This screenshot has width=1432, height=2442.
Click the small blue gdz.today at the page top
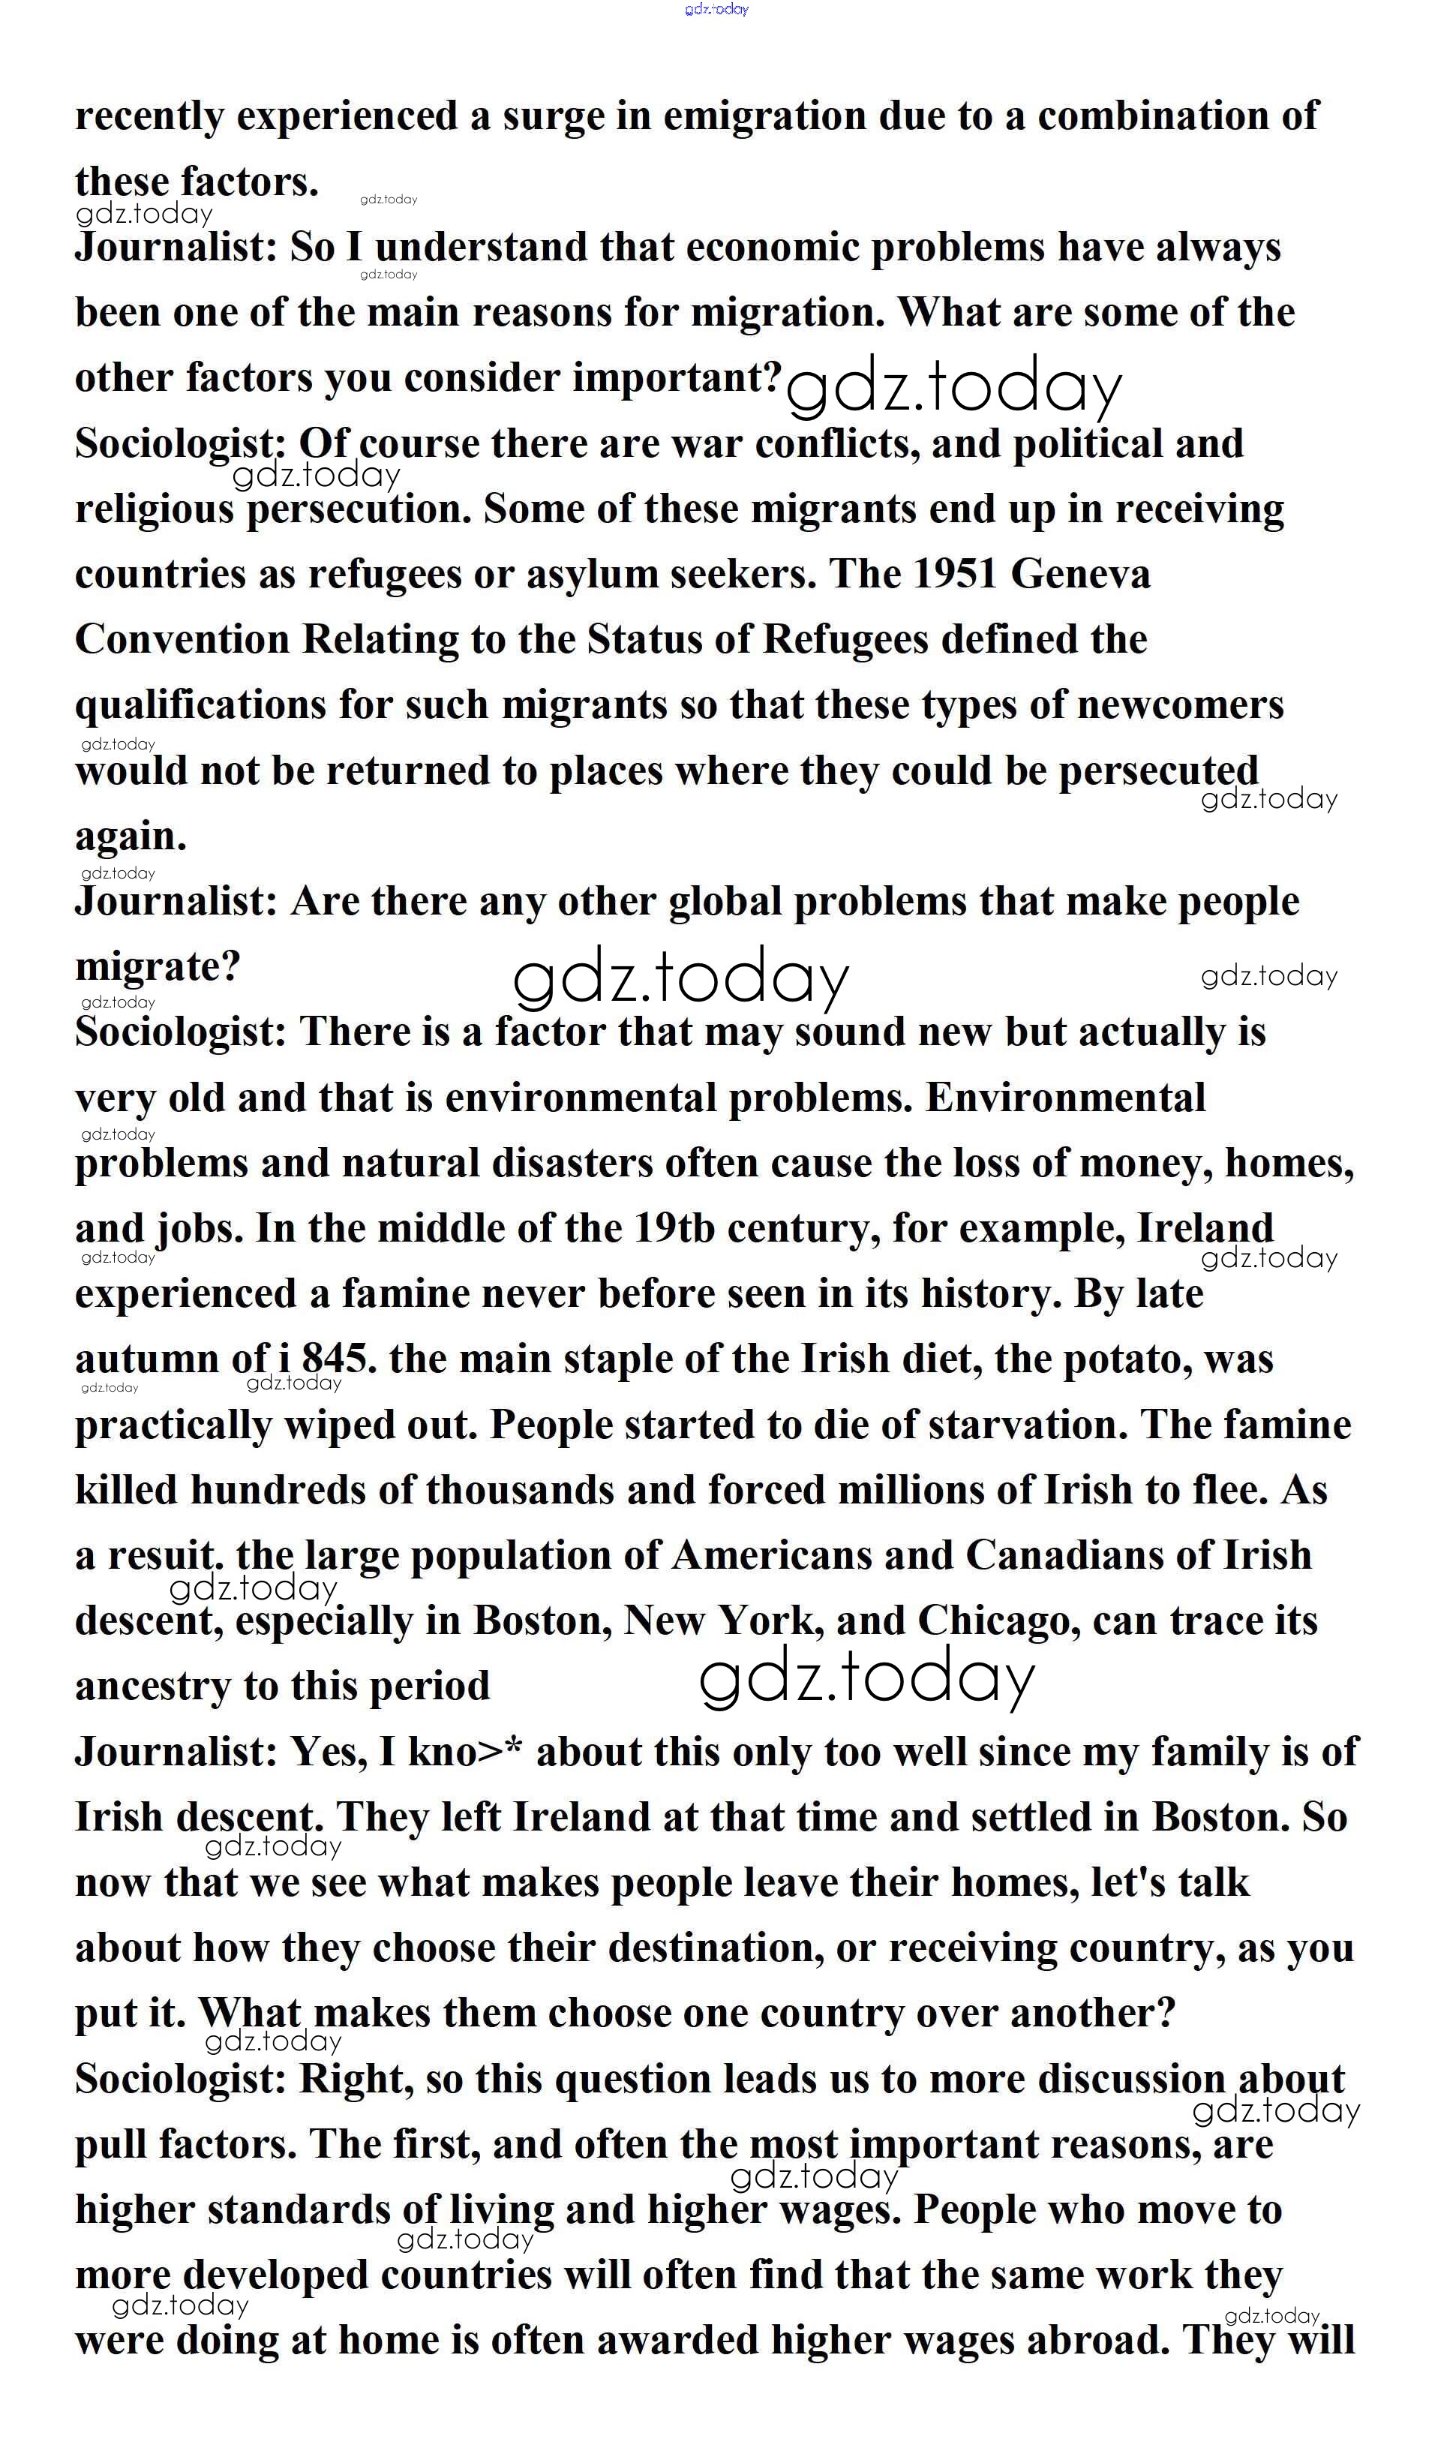coord(716,9)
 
